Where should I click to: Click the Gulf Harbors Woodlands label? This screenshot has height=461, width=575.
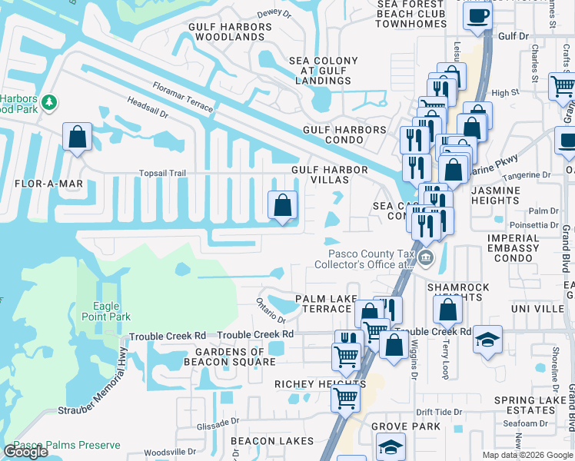230,32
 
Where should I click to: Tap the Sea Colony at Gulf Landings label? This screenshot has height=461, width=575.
323,70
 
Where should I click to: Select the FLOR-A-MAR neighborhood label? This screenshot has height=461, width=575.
48,184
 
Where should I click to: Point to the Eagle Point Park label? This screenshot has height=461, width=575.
107,311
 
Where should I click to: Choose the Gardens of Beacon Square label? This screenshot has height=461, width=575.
224,357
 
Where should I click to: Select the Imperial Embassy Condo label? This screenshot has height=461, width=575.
513,248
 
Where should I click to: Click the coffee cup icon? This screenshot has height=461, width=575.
478,15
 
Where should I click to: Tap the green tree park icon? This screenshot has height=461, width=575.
48,101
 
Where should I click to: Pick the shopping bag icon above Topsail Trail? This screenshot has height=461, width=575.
78,137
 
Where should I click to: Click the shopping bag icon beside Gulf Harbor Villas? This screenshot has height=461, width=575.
282,205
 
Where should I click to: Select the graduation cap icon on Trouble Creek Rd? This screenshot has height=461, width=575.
487,339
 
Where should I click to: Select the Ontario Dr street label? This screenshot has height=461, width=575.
271,310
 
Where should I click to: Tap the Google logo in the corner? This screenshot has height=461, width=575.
25,452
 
